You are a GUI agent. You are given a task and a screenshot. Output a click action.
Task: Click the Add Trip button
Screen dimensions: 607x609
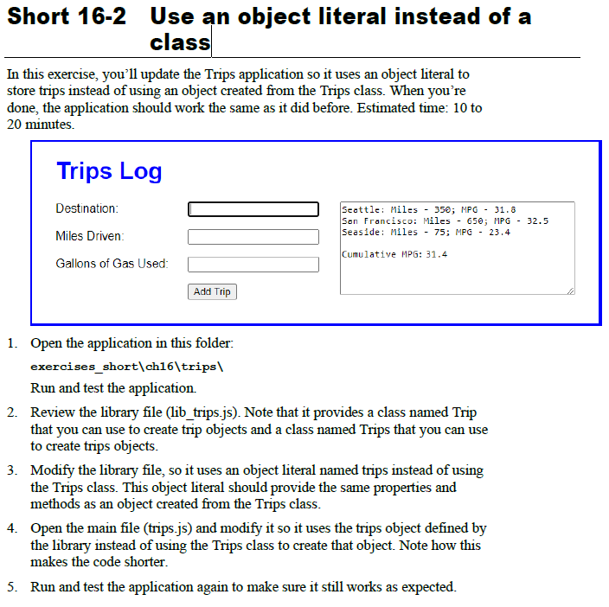click(x=212, y=292)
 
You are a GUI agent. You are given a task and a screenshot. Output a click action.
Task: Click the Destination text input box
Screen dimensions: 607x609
click(x=253, y=209)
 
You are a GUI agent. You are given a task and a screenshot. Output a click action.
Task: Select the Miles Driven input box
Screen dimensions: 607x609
click(x=253, y=237)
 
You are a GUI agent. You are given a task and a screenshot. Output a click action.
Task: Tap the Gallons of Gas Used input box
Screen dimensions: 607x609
click(x=253, y=265)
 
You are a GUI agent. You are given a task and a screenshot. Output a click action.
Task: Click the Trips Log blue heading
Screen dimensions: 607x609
click(x=109, y=171)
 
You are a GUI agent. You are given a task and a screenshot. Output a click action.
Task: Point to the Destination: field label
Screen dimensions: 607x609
click(x=87, y=208)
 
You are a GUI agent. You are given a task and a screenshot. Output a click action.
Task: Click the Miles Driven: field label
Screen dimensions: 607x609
click(x=90, y=236)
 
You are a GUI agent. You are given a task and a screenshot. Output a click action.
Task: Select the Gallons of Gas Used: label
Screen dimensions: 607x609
click(x=112, y=264)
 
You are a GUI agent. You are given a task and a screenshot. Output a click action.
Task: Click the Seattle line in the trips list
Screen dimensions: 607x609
click(x=428, y=210)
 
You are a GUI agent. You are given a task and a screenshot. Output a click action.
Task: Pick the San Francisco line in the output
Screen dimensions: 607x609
click(x=445, y=221)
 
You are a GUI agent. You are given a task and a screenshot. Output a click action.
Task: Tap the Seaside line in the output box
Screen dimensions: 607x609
click(x=426, y=233)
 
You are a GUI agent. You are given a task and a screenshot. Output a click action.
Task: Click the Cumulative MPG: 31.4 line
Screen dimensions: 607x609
click(x=394, y=254)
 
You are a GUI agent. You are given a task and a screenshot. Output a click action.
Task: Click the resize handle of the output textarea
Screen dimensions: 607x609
click(x=570, y=291)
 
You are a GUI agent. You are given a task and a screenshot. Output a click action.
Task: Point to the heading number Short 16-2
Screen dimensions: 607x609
click(x=67, y=16)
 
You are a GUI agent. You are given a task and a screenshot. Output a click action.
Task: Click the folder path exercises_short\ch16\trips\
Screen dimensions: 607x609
click(x=127, y=367)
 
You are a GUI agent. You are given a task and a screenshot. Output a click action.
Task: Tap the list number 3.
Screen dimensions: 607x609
click(x=12, y=470)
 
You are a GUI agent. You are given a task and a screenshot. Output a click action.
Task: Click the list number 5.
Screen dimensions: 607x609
click(x=12, y=587)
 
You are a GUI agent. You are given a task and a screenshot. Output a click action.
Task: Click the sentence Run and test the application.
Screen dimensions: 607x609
click(x=113, y=388)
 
